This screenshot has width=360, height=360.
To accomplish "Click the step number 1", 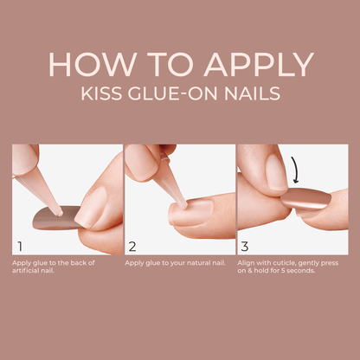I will click(x=19, y=245).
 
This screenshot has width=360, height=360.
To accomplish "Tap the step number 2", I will click(x=132, y=245).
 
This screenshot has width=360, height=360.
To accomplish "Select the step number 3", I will click(x=245, y=245).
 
